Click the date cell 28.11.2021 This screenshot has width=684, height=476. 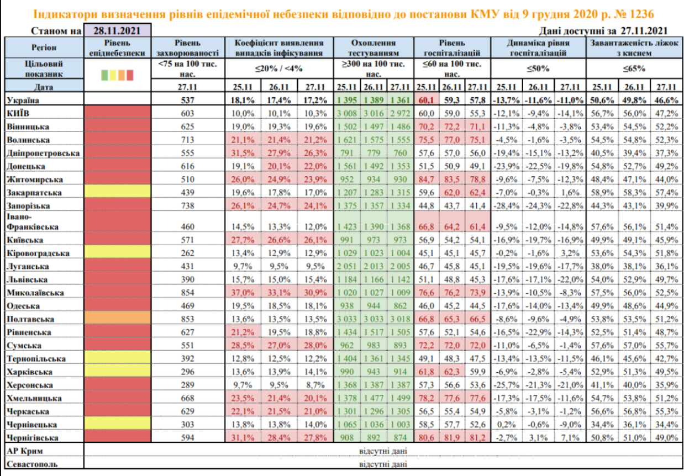116,31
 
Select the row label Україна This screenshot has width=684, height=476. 23,99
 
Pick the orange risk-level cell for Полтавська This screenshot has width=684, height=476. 117,319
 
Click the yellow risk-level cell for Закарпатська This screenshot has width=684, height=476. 117,192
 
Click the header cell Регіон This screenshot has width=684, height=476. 44,47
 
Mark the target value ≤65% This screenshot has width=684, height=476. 634,69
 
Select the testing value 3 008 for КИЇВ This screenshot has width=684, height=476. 348,113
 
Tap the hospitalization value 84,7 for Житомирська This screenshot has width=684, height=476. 426,179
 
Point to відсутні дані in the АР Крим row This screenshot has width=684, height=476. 383,451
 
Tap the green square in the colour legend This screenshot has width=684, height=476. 104,75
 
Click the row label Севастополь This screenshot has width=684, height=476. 32,464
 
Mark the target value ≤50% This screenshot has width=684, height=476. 538,69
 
